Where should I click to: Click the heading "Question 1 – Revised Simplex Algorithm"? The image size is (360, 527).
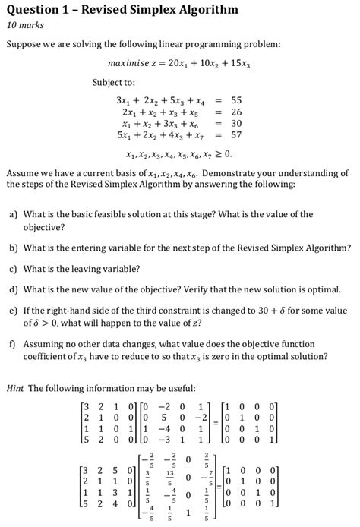122,10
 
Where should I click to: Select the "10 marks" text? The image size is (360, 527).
27,27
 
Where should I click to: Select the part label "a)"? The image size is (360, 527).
13,214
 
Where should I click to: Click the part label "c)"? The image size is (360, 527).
13,268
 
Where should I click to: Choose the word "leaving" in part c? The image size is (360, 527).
95,268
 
